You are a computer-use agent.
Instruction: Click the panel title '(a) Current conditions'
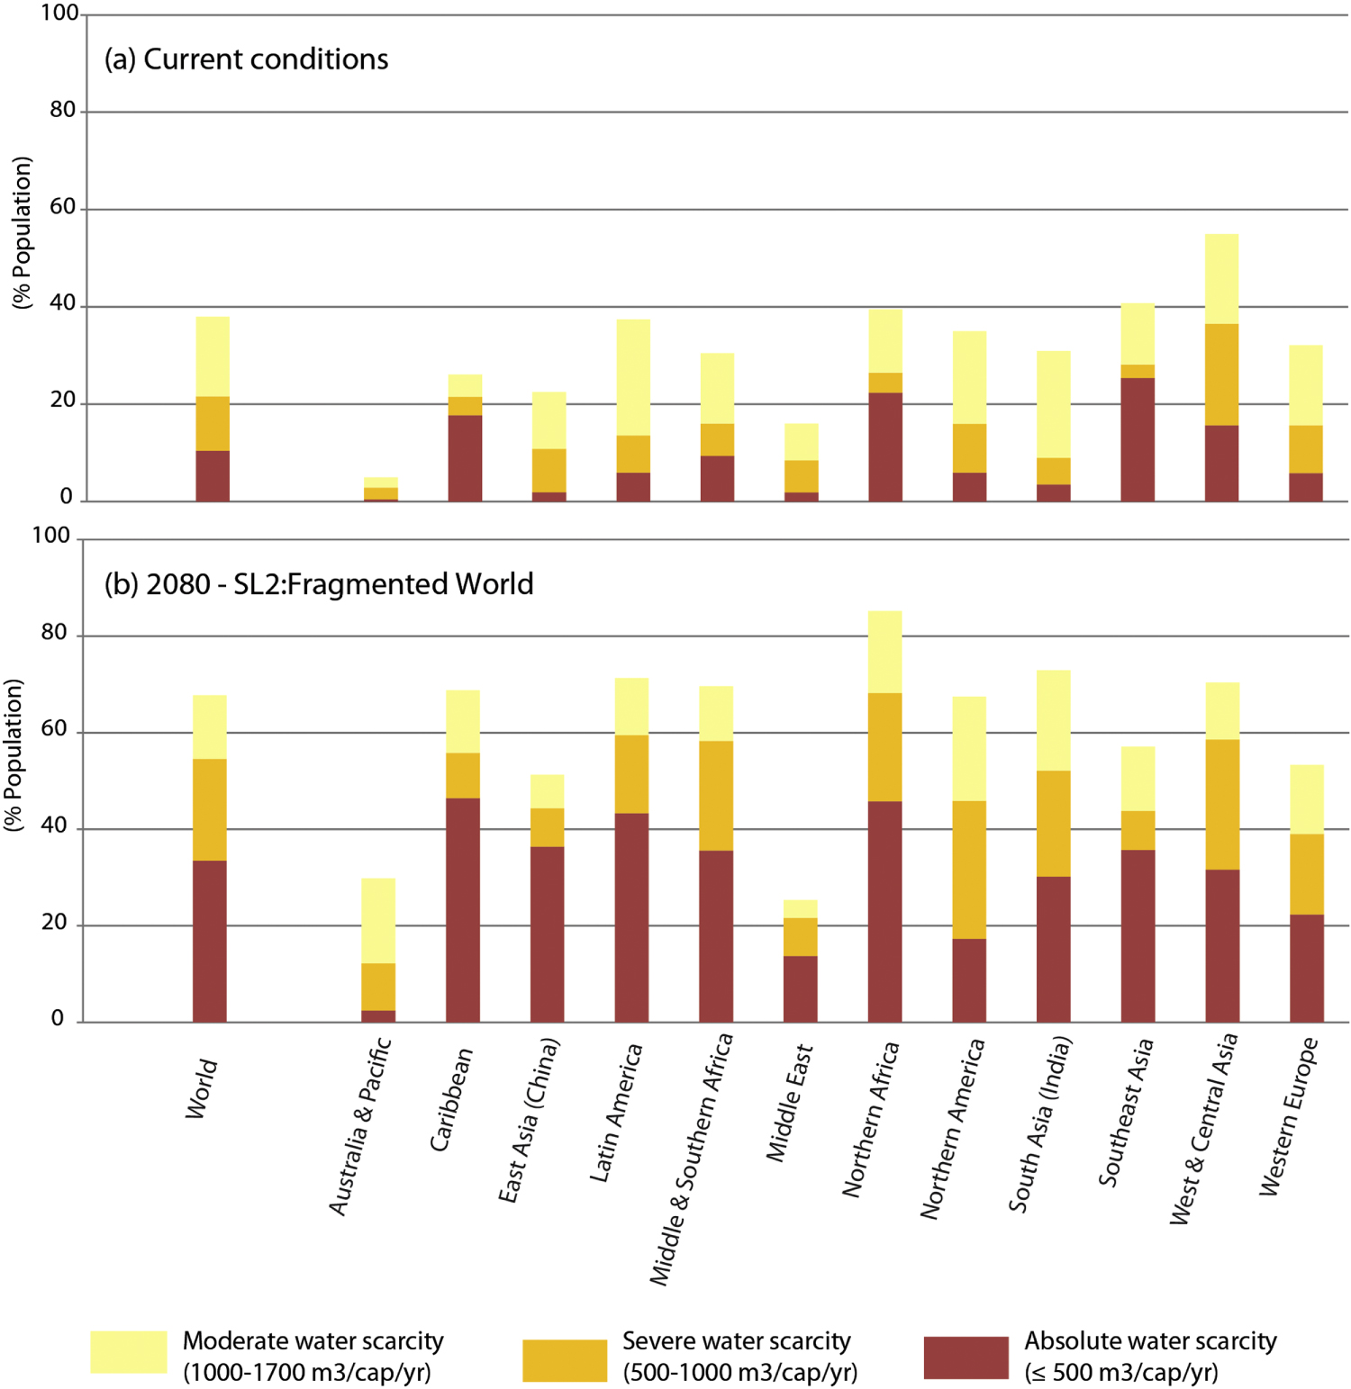click(x=246, y=59)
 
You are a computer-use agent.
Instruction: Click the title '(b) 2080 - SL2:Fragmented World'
click(x=318, y=584)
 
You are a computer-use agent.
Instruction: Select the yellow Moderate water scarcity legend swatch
click(x=128, y=1352)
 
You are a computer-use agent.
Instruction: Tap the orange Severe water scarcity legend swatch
click(x=565, y=1360)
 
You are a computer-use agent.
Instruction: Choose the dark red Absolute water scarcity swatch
click(x=966, y=1357)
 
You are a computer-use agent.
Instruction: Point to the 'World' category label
click(x=202, y=1089)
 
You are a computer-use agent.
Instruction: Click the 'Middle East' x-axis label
click(x=790, y=1103)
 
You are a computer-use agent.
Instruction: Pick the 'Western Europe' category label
click(x=1289, y=1116)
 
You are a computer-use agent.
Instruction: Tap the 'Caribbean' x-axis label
click(x=451, y=1099)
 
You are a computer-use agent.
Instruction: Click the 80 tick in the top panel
click(x=63, y=110)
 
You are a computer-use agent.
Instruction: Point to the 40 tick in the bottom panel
click(x=54, y=825)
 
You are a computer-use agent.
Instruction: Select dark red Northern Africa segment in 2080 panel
click(x=884, y=911)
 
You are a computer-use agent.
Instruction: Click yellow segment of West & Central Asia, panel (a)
click(x=1221, y=278)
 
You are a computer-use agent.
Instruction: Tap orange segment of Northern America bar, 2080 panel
click(x=969, y=870)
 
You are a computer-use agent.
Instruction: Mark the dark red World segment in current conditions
click(x=213, y=475)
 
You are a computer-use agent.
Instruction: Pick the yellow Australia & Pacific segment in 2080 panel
click(x=378, y=920)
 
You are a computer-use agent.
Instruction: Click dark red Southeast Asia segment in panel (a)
click(x=1138, y=439)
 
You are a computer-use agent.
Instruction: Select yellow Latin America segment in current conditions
click(x=633, y=377)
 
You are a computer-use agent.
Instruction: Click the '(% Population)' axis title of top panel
click(x=22, y=233)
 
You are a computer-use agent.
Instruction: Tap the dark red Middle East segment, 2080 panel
click(x=801, y=988)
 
